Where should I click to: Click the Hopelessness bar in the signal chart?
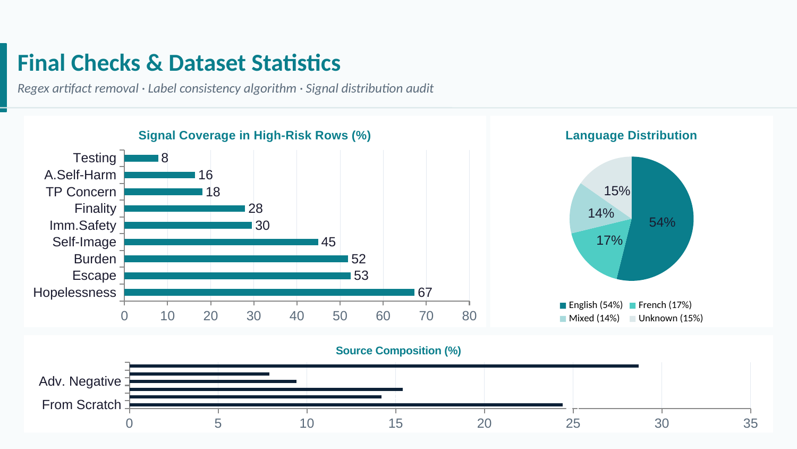(x=269, y=292)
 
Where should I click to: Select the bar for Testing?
(x=141, y=158)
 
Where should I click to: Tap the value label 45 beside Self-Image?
(x=328, y=242)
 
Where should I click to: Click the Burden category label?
(x=95, y=259)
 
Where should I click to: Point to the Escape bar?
(x=237, y=276)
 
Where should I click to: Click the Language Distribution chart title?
(x=631, y=136)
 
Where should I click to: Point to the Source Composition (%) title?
(x=398, y=351)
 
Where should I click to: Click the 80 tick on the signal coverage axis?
(x=469, y=316)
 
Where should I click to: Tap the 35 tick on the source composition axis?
(x=750, y=423)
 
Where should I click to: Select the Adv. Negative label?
(x=80, y=381)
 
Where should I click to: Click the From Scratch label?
(x=81, y=405)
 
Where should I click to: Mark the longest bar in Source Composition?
(x=384, y=366)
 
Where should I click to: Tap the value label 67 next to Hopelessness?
(x=425, y=293)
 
